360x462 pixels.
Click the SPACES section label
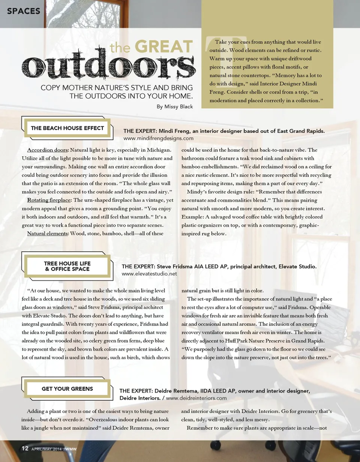[23, 11]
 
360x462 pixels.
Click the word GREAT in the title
[163, 47]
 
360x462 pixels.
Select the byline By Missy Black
[175, 107]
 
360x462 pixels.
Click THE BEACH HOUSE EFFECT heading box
[67, 128]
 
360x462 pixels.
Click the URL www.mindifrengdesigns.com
[158, 138]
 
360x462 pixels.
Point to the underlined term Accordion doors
[48, 150]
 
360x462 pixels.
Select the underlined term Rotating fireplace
[49, 200]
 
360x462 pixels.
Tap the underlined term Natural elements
[47, 233]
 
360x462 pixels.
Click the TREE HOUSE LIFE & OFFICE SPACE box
[67, 266]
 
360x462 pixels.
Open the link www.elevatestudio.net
[149, 274]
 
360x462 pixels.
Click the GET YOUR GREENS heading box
[67, 389]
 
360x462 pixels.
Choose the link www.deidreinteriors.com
[196, 398]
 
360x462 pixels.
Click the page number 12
[25, 449]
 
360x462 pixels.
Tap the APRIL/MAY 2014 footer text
[46, 449]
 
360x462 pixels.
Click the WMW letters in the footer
[71, 449]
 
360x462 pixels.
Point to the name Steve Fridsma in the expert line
[174, 266]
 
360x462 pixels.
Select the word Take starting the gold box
[221, 42]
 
